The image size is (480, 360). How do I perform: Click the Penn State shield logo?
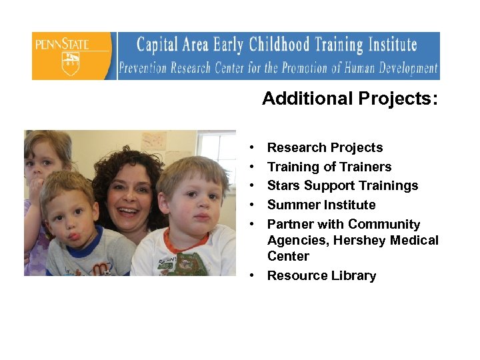click(70, 63)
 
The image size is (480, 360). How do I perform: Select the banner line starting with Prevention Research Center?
click(278, 68)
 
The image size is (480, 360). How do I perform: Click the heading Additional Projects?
click(350, 99)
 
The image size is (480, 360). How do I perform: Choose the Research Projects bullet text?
click(325, 147)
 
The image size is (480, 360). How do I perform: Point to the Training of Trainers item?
click(329, 167)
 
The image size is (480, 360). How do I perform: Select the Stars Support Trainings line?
click(342, 185)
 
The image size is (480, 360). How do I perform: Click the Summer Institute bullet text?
click(321, 205)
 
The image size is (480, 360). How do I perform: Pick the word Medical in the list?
click(415, 240)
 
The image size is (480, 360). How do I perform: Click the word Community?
click(383, 224)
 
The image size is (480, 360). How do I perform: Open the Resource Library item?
click(321, 275)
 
